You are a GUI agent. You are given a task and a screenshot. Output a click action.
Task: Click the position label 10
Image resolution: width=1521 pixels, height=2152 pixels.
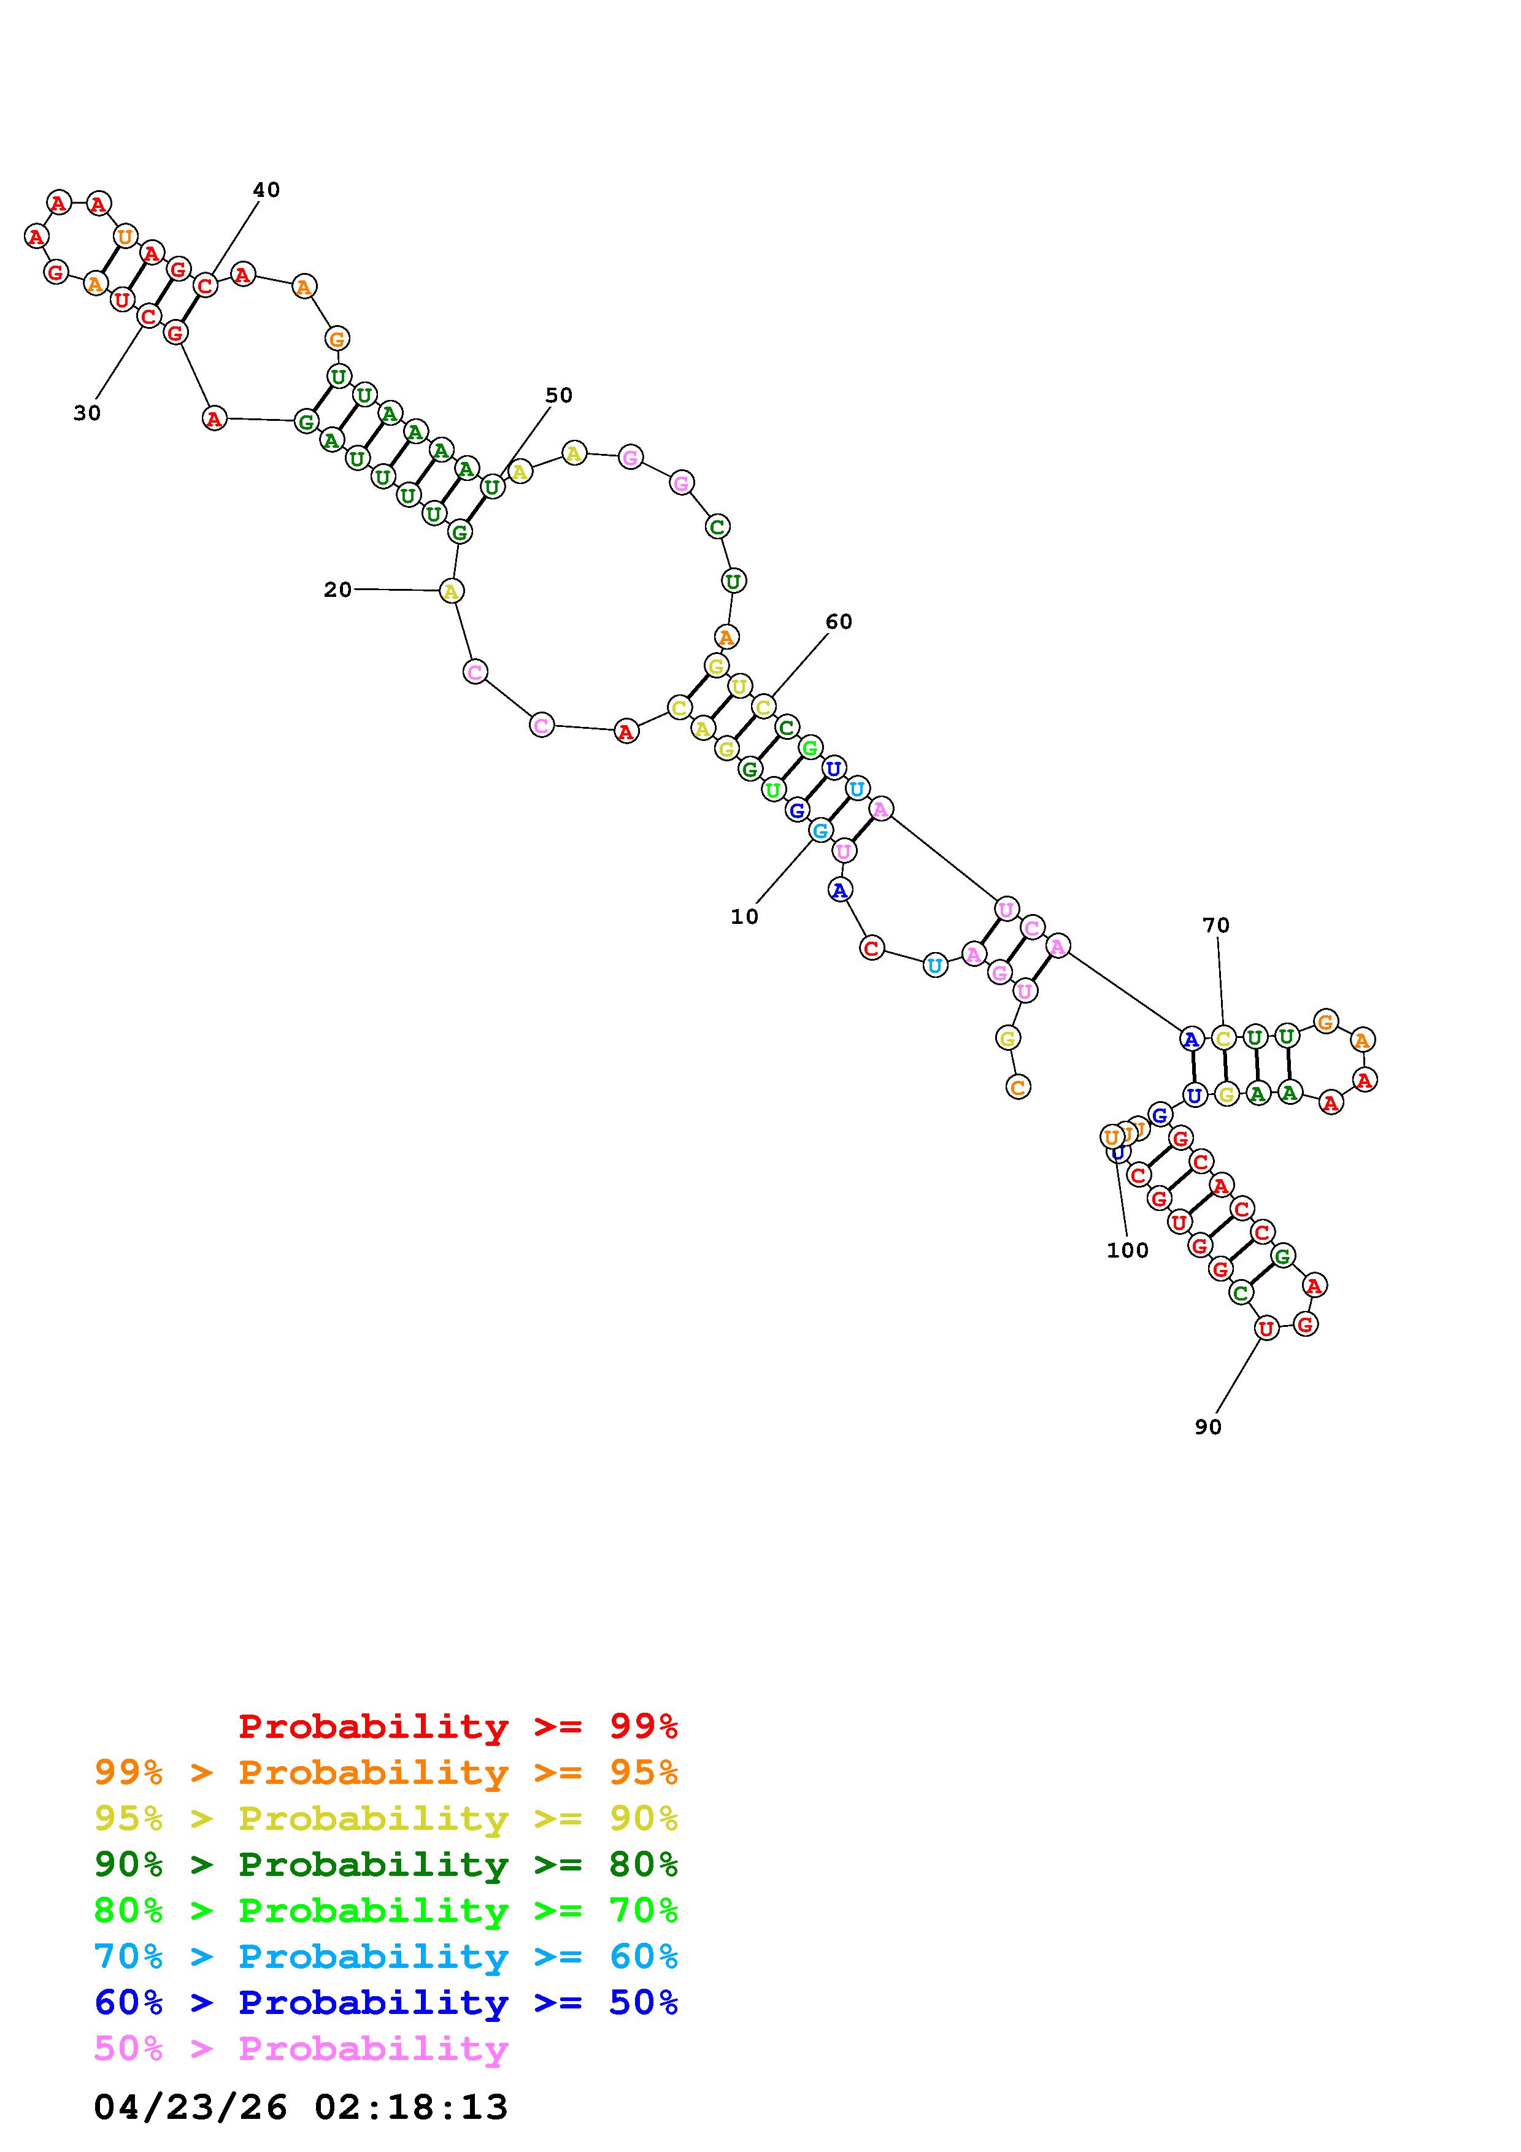(744, 917)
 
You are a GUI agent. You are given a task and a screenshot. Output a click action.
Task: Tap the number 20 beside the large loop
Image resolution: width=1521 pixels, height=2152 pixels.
(337, 590)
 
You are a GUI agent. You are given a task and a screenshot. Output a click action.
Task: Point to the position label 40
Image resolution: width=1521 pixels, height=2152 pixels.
(266, 190)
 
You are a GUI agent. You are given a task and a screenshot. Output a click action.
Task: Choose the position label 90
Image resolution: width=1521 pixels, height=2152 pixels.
(1208, 1426)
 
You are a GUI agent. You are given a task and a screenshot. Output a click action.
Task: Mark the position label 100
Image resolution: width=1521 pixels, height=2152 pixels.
(1127, 1250)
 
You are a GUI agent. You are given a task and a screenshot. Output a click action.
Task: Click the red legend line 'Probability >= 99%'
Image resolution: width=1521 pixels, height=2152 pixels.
(458, 1726)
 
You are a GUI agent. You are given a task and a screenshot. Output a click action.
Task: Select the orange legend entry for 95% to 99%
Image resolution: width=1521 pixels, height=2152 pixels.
(386, 1772)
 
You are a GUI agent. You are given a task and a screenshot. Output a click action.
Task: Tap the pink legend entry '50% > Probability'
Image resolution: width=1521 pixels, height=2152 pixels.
(301, 2048)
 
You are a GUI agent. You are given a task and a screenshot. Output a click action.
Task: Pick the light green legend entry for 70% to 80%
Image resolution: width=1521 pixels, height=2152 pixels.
(386, 1910)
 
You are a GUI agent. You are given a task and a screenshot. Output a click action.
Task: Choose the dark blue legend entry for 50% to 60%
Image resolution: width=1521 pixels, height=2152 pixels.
(386, 2002)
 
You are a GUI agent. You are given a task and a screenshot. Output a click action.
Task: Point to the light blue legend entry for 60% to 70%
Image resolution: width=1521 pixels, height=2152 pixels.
(386, 1956)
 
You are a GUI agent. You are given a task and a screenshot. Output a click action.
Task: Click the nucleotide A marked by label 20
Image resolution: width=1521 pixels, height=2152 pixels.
(452, 591)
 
